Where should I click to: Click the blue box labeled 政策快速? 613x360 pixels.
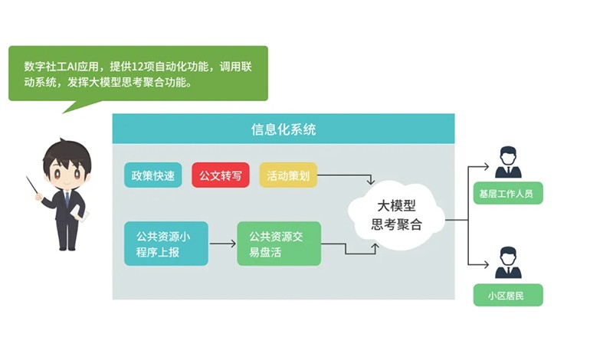(x=153, y=175)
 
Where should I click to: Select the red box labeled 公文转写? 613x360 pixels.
(x=220, y=175)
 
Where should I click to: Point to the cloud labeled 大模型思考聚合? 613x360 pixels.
(x=396, y=215)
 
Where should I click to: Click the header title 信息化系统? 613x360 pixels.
(x=283, y=129)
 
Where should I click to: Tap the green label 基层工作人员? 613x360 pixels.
(x=508, y=193)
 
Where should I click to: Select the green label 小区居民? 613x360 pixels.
(x=508, y=295)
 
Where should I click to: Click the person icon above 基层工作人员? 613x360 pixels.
(x=508, y=162)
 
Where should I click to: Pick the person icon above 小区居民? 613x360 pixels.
(x=508, y=263)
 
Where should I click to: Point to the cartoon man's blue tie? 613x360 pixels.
(x=67, y=200)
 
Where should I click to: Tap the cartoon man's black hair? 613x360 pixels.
(x=67, y=153)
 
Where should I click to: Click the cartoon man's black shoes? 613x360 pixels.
(x=69, y=247)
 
